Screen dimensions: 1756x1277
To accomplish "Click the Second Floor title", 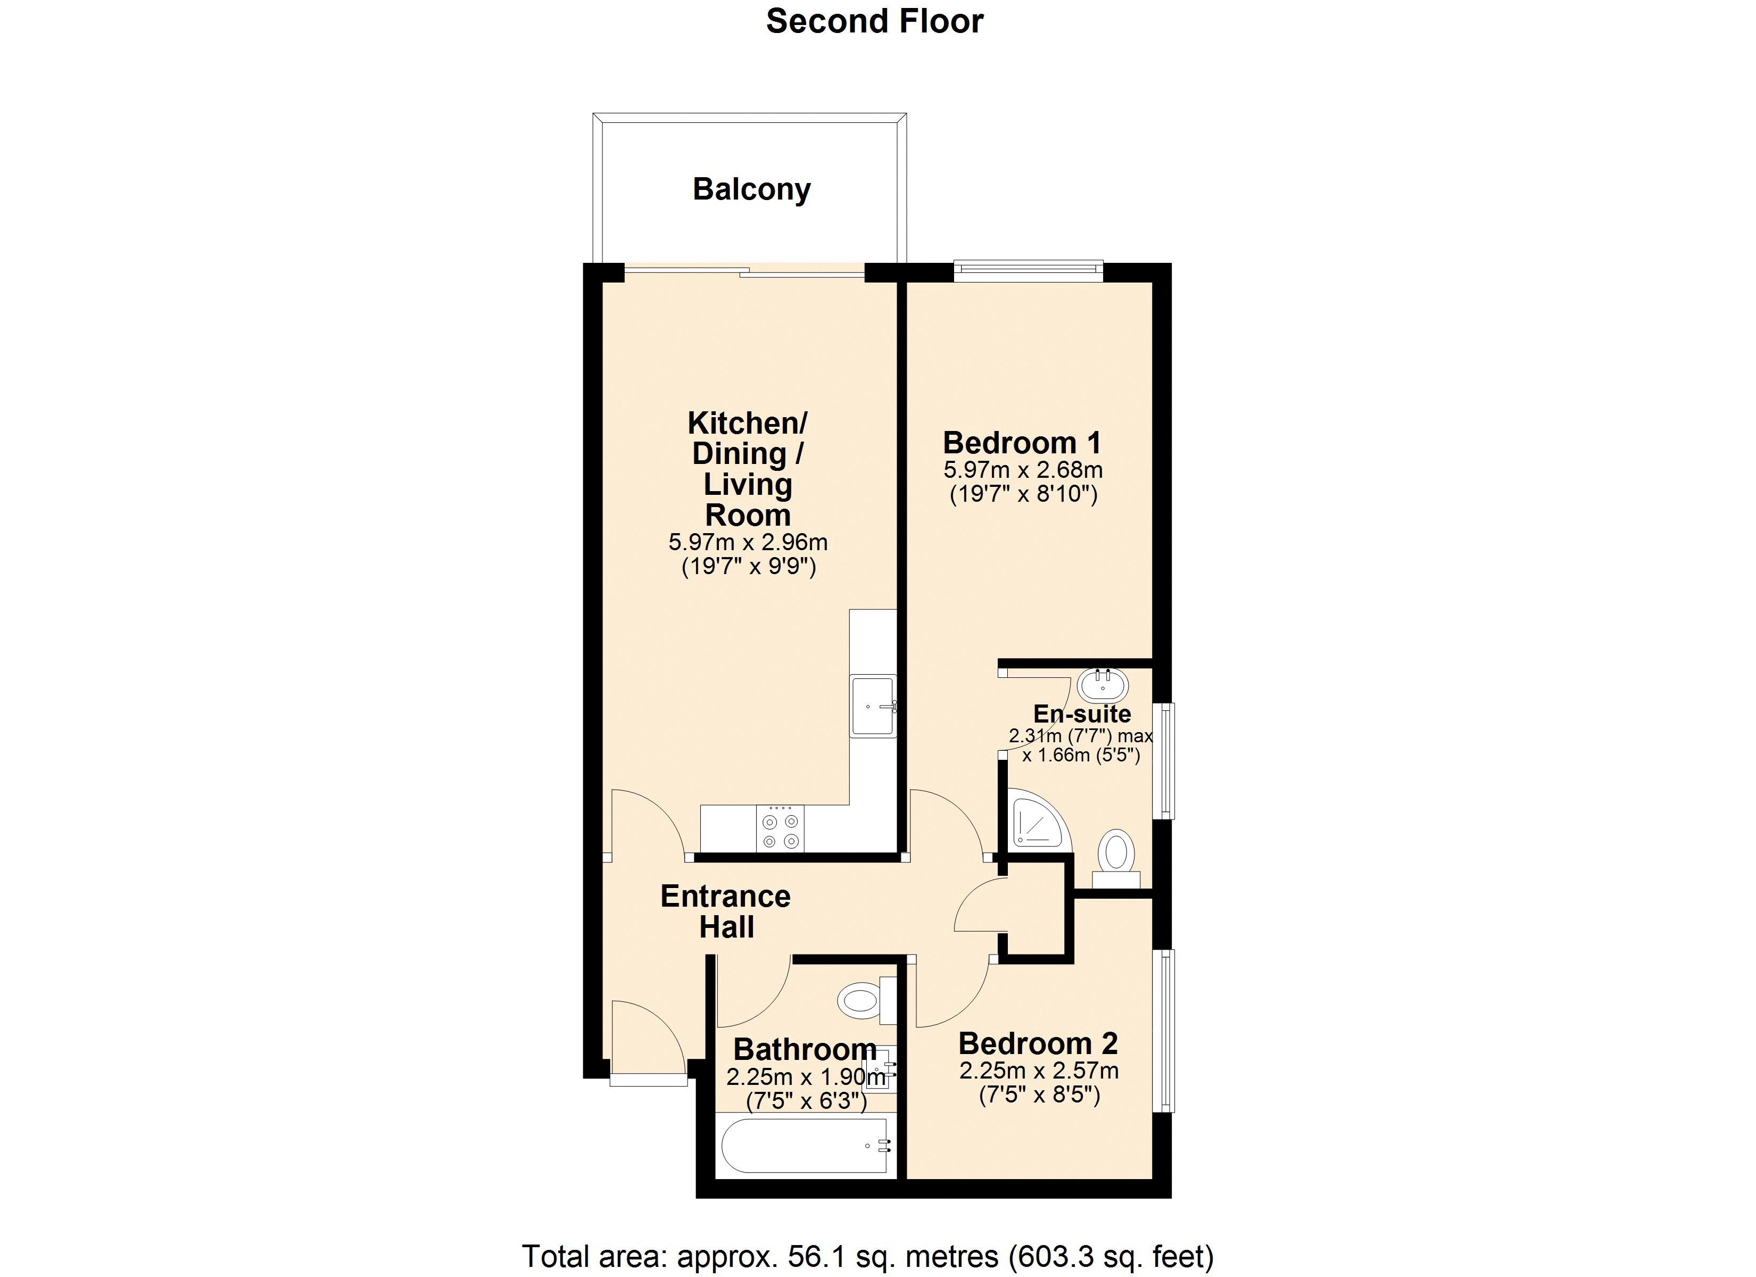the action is [874, 22].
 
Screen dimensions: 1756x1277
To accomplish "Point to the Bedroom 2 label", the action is [1038, 1043].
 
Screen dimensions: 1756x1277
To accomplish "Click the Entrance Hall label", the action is [725, 911].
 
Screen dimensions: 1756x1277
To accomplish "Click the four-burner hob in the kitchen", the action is [781, 828].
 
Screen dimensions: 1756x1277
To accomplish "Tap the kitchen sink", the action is [873, 706].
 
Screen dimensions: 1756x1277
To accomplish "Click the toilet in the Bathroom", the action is [867, 1000].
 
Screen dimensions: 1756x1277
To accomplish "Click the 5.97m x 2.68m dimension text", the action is [1023, 470].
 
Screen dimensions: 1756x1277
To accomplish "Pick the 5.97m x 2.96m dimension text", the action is [748, 542].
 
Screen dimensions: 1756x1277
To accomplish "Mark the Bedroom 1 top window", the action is [1028, 269].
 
